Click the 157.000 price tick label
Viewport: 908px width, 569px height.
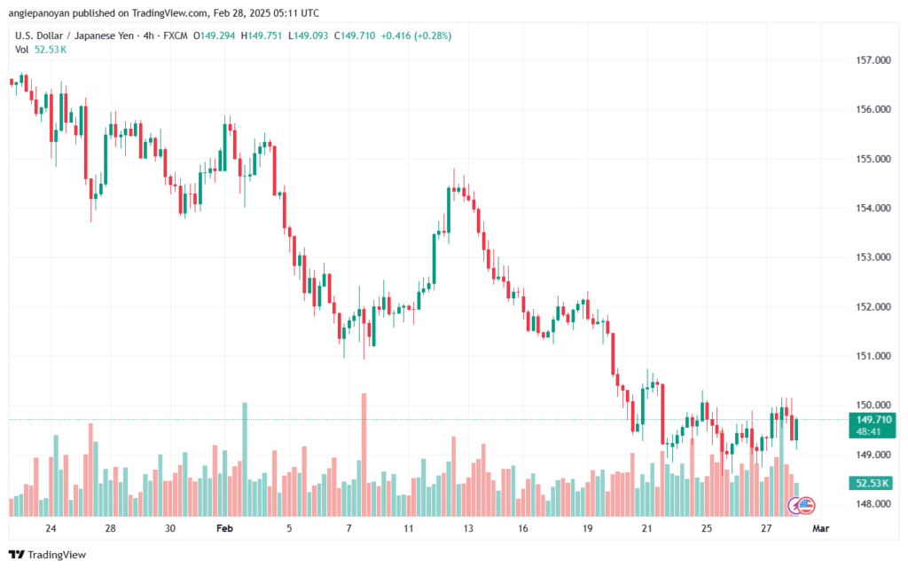[873, 60]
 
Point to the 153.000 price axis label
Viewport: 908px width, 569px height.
[873, 257]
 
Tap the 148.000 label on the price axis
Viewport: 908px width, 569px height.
[873, 504]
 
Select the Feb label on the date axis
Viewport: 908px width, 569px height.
[224, 528]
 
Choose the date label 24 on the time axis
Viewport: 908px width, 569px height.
[51, 528]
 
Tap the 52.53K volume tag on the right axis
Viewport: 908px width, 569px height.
[872, 483]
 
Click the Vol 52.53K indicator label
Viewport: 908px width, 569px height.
[41, 50]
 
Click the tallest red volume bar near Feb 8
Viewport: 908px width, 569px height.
[364, 453]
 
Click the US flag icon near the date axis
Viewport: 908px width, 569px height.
[805, 505]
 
